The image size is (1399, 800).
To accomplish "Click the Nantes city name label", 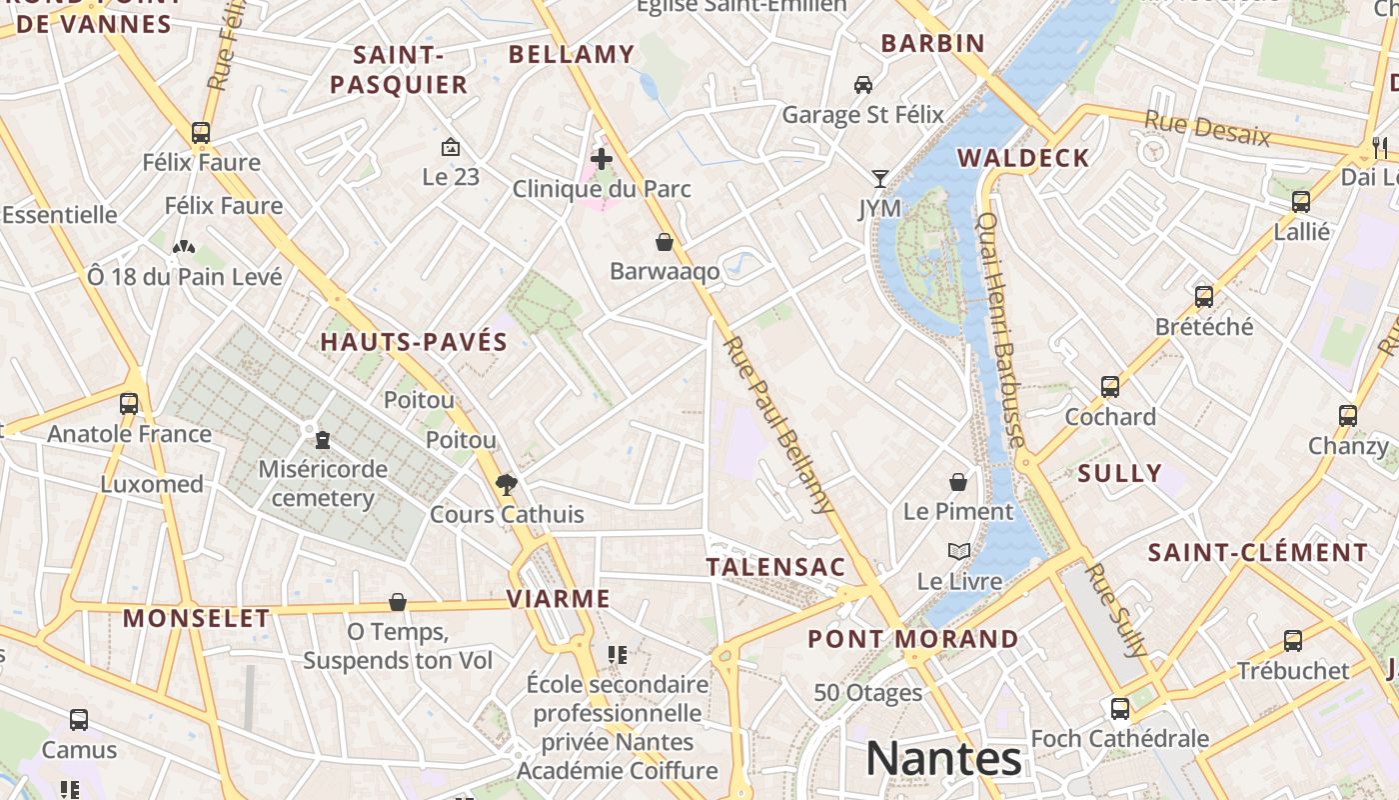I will pos(943,758).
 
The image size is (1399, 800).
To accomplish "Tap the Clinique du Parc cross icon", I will pos(602,158).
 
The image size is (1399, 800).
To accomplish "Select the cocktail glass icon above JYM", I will pos(879,179).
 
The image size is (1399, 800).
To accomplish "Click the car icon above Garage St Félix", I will pos(863,85).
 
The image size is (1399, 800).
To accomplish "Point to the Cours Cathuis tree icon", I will pos(507,485).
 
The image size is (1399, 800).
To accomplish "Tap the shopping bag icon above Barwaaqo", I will pos(664,242).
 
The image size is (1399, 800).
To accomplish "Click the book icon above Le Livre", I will pos(958,551).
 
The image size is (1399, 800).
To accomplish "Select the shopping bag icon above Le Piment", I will pos(958,482).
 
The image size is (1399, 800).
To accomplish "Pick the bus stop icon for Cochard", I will pos(1109,387).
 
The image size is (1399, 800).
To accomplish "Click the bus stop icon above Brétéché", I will pos(1204,297).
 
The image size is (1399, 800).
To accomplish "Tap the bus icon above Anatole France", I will pos(129,404).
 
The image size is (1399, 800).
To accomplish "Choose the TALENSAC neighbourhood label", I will pos(775,567).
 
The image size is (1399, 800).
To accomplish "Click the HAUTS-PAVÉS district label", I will pos(414,342).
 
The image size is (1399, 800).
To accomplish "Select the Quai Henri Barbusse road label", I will pos(1000,330).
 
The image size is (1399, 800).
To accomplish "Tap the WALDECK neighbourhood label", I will pos(1023,158).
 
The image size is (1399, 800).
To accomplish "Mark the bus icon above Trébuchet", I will pos(1293,641).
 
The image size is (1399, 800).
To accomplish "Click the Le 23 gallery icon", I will pos(451,147).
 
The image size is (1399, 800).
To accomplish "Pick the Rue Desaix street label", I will pos(1207,128).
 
